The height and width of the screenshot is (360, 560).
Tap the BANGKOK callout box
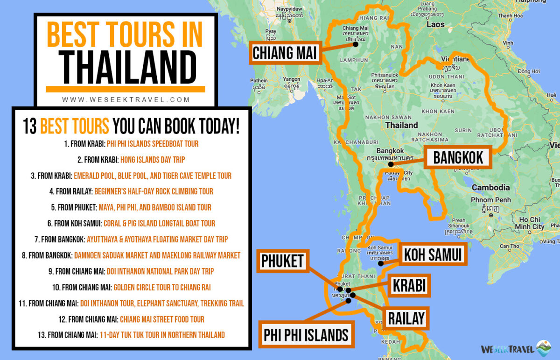point(458,157)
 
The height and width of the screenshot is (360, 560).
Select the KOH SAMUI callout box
point(433,254)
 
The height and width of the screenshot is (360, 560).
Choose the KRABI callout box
point(410,285)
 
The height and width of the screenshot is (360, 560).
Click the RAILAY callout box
point(406,318)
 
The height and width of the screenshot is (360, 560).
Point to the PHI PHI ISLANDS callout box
point(306,334)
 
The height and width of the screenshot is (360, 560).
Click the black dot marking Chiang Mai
point(356,45)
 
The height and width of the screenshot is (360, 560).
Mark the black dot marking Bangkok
point(391,164)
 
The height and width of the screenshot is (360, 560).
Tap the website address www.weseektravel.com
point(126,99)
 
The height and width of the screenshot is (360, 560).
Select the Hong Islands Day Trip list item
point(153,160)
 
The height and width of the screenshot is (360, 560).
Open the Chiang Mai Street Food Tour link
point(162,319)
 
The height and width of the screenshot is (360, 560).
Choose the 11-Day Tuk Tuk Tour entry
point(162,335)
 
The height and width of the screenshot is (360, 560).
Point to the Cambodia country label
point(490,187)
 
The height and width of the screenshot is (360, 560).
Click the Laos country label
point(435,24)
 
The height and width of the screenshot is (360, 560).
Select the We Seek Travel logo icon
point(544,348)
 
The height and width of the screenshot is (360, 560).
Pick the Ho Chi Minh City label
point(529,223)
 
